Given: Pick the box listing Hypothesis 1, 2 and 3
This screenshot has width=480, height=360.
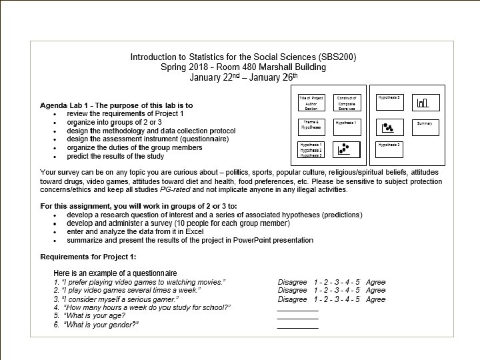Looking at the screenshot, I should (x=311, y=150).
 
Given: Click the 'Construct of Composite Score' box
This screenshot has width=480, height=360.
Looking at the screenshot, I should (x=347, y=103).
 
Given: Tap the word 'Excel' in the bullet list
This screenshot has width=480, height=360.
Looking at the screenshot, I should (x=194, y=232).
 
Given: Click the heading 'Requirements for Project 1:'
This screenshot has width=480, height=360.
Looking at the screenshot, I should (x=88, y=257).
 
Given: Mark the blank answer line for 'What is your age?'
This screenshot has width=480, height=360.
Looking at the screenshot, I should (x=297, y=319).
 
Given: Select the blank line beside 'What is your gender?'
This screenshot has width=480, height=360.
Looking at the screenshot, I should (x=297, y=327).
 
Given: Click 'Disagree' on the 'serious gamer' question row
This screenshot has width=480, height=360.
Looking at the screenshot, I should (x=293, y=299).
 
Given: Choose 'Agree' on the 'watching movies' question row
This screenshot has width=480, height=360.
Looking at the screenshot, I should (x=375, y=282).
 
